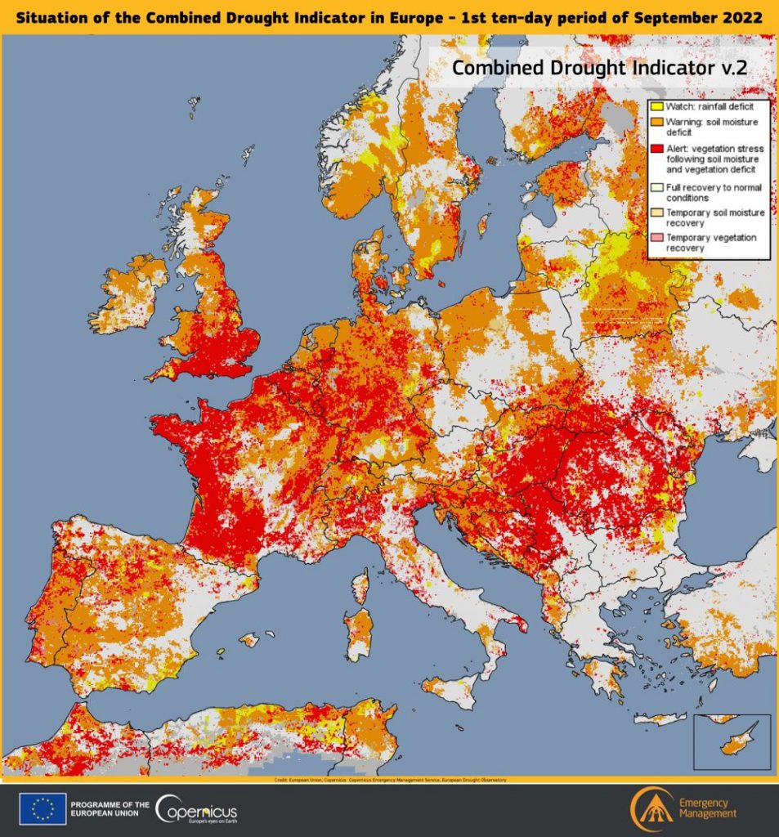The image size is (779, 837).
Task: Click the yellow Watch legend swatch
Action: (656, 106)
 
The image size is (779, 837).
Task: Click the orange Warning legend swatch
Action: (656, 123)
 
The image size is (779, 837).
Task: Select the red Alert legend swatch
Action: (656, 149)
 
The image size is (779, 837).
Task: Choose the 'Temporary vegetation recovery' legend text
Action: (710, 242)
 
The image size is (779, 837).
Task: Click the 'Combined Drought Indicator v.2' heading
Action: (599, 68)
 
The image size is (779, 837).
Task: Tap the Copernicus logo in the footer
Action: (196, 810)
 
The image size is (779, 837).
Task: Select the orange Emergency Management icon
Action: (651, 810)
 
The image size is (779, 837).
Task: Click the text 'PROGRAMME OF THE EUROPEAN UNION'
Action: (110, 810)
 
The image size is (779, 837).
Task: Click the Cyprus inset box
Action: (731, 741)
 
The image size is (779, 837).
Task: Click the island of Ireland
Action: (131, 293)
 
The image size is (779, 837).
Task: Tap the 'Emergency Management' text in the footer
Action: (708, 808)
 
